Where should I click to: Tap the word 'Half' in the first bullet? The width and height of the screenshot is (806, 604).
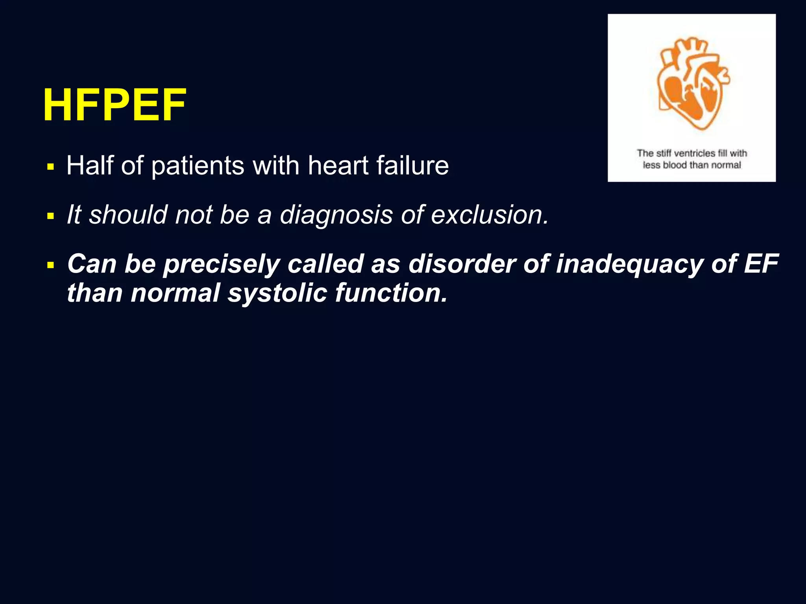[90, 165]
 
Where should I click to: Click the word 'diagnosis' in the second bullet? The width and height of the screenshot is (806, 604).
[336, 215]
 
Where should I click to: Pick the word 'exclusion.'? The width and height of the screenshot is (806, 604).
[490, 215]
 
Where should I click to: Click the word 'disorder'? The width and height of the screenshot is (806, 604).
[462, 263]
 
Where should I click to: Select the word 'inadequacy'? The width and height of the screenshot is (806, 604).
[629, 264]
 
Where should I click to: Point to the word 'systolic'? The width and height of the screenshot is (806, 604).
[277, 293]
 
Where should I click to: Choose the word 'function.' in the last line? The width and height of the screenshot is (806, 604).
[391, 293]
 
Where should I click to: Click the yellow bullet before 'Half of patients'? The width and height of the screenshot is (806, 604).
[50, 167]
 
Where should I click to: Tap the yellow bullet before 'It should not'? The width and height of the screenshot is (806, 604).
[50, 216]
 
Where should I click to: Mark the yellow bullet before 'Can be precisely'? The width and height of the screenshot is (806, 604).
[50, 265]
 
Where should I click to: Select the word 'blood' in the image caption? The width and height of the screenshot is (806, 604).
[675, 165]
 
